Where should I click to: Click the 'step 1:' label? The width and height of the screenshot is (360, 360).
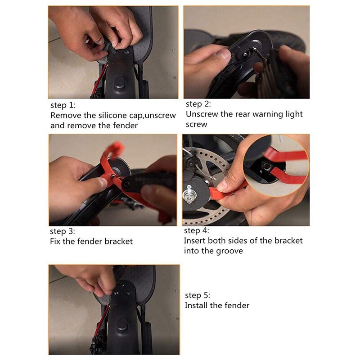(x=63, y=105)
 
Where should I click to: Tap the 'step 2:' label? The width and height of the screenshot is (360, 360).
(x=198, y=104)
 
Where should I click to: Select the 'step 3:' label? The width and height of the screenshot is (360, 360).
(x=63, y=231)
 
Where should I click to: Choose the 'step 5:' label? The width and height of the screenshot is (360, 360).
(x=198, y=296)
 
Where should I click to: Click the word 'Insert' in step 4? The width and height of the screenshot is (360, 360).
(x=194, y=241)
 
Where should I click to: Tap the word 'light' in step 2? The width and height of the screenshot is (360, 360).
(x=293, y=114)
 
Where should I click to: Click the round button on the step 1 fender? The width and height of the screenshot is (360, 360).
(x=120, y=83)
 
